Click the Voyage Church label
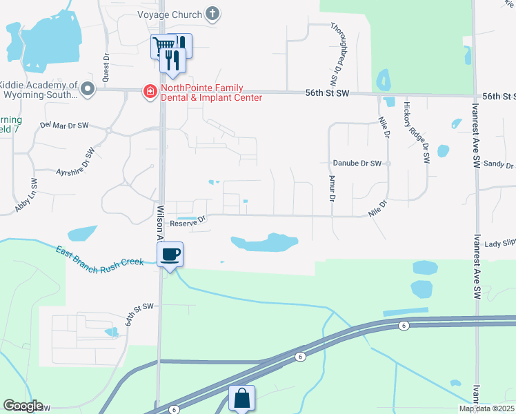(169, 14)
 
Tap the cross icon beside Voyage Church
(213, 13)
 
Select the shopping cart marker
(163, 46)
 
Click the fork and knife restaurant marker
(172, 60)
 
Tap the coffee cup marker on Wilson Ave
(170, 255)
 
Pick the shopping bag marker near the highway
(241, 398)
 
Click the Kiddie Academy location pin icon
(88, 89)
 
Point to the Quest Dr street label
(106, 66)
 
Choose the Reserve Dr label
(188, 221)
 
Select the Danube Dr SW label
(357, 164)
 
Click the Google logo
(23, 406)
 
